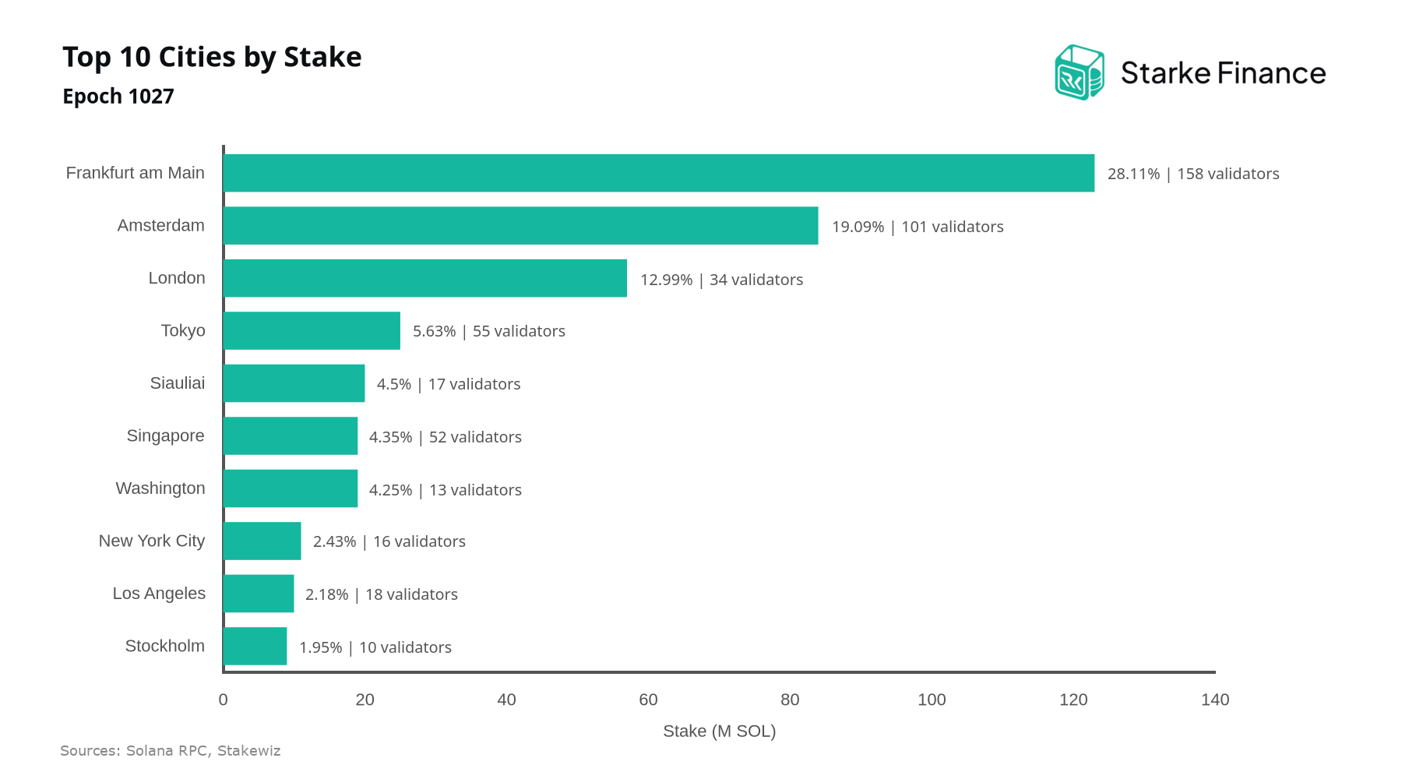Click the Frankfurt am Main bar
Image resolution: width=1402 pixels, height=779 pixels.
pyautogui.click(x=659, y=173)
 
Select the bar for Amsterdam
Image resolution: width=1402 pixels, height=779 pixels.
pyautogui.click(x=521, y=226)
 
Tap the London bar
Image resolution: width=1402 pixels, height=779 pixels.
pyautogui.click(x=425, y=278)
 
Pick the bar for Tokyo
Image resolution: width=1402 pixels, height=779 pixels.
pyautogui.click(x=312, y=331)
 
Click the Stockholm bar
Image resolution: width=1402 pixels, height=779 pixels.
pyautogui.click(x=255, y=647)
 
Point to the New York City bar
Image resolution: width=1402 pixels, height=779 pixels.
pyautogui.click(x=262, y=541)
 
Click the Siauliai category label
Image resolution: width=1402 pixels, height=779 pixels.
pyautogui.click(x=178, y=383)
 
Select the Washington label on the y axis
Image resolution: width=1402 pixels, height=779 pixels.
pyautogui.click(x=160, y=488)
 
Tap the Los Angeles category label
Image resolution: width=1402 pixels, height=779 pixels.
pyautogui.click(x=159, y=594)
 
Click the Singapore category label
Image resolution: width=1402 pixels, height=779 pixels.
pyautogui.click(x=166, y=436)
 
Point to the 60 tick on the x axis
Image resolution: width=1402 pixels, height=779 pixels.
pyautogui.click(x=648, y=700)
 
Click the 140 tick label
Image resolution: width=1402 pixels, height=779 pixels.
pyautogui.click(x=1215, y=700)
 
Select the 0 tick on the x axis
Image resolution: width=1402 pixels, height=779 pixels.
pyautogui.click(x=224, y=700)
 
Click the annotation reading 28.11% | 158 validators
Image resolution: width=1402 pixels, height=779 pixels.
pyautogui.click(x=1193, y=174)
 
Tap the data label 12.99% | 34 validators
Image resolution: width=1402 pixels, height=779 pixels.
pyautogui.click(x=721, y=280)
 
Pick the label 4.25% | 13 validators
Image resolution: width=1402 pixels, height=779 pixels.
pyautogui.click(x=446, y=490)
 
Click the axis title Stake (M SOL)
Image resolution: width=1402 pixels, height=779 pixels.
pyautogui.click(x=720, y=731)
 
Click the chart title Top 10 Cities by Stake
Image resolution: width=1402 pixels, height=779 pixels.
pyautogui.click(x=212, y=58)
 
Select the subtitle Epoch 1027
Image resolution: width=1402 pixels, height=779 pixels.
pyautogui.click(x=118, y=97)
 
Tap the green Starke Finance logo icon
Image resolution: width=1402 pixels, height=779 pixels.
pyautogui.click(x=1080, y=72)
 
